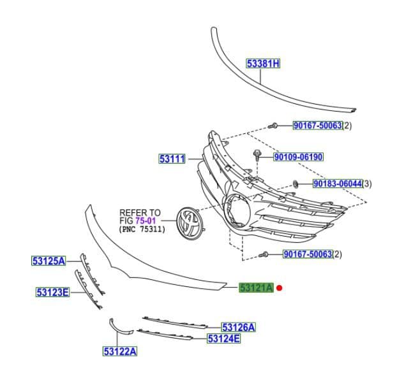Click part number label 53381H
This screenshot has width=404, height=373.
coord(264,63)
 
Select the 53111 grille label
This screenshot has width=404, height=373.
coord(172,158)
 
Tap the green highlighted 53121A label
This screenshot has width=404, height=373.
coord(256,288)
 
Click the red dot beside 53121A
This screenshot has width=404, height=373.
coord(280,288)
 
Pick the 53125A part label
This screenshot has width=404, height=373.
coord(49,261)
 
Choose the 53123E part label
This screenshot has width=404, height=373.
coord(52,292)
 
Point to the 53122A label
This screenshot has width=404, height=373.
coord(120,351)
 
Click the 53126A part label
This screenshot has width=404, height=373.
coord(238,327)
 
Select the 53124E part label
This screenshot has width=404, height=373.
coord(223,339)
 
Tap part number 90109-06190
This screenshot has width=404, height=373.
coord(298,157)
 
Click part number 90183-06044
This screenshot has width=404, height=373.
coord(337,184)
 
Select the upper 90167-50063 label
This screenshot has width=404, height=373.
coord(317,126)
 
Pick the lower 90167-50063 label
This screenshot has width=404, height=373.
coord(308,254)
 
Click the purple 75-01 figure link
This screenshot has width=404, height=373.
coord(146,221)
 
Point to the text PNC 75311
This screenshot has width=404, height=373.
coord(142,229)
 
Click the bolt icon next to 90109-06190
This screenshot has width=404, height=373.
coord(257,155)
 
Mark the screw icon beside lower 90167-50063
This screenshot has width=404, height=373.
coord(264,254)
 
